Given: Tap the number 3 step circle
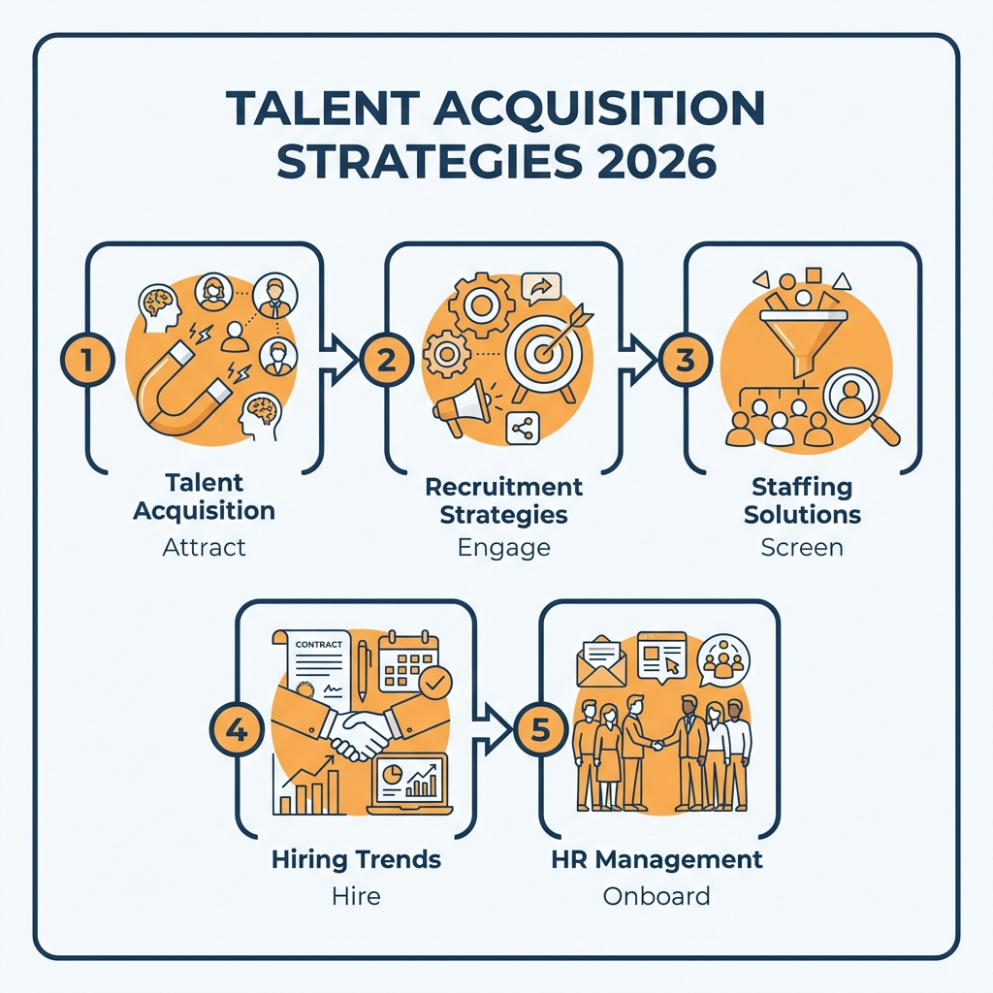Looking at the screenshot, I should click(x=685, y=361).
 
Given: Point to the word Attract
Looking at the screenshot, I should click(x=205, y=547).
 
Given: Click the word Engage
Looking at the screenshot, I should click(x=503, y=547).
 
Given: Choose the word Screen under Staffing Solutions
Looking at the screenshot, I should click(x=802, y=547).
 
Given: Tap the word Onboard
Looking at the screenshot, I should click(x=657, y=895).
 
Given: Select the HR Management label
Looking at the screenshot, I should click(x=657, y=859).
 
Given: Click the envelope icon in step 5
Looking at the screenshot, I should click(x=600, y=663).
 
